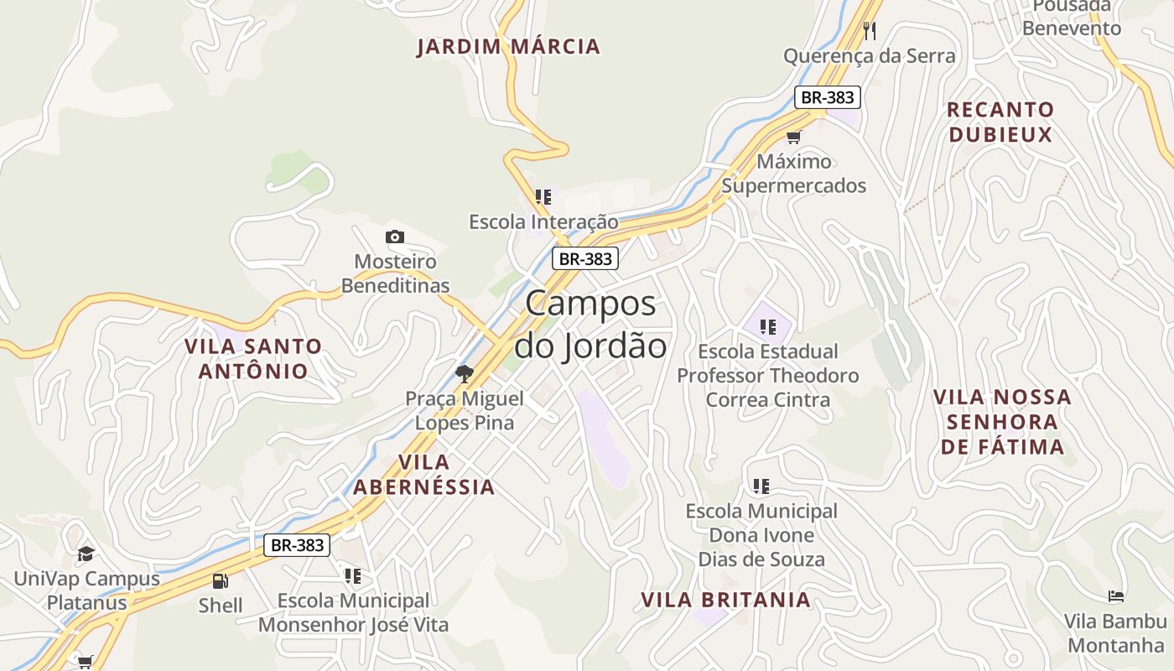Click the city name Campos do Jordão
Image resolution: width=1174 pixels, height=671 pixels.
pyautogui.click(x=590, y=325)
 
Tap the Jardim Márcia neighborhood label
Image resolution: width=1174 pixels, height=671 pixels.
pyautogui.click(x=508, y=46)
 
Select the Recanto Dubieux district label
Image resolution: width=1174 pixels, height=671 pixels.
pyautogui.click(x=1000, y=122)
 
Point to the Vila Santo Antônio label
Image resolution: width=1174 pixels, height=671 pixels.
pyautogui.click(x=253, y=358)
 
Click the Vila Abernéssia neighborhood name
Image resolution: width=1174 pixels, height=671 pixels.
pyautogui.click(x=423, y=475)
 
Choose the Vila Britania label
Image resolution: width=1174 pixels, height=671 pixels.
pyautogui.click(x=725, y=600)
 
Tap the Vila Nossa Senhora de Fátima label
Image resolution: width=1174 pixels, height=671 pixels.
pyautogui.click(x=1002, y=421)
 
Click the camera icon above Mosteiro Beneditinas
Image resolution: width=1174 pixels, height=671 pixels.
pyautogui.click(x=394, y=237)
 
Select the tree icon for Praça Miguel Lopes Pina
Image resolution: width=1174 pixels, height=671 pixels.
pyautogui.click(x=464, y=374)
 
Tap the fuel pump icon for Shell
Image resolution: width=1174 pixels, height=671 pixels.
pyautogui.click(x=220, y=580)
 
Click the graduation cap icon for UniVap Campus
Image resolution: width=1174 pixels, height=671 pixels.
pyautogui.click(x=86, y=554)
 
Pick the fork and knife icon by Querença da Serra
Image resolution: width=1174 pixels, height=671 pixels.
pyautogui.click(x=870, y=31)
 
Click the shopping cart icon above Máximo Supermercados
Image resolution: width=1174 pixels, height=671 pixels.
pyautogui.click(x=793, y=137)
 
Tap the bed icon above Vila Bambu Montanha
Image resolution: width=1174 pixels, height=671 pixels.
pyautogui.click(x=1115, y=596)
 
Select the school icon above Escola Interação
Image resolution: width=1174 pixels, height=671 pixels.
pyautogui.click(x=543, y=197)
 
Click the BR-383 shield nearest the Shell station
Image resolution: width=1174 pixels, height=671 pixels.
pyautogui.click(x=297, y=545)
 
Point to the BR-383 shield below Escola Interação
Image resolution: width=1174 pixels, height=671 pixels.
pyautogui.click(x=585, y=258)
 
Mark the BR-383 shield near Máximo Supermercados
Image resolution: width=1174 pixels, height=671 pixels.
pyautogui.click(x=827, y=97)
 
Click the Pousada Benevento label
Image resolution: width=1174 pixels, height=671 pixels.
pyautogui.click(x=1071, y=18)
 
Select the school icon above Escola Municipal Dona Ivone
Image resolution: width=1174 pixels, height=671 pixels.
pyautogui.click(x=761, y=486)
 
